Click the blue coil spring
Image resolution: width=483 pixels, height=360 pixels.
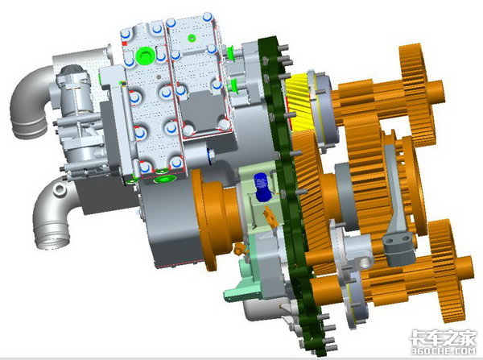tap(262, 187)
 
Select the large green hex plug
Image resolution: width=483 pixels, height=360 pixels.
tap(144, 56)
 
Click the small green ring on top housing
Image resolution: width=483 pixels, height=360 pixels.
tap(192, 38)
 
